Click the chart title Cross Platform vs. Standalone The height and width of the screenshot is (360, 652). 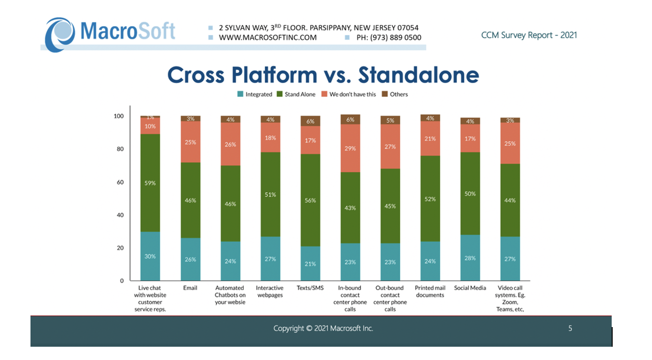pyautogui.click(x=323, y=75)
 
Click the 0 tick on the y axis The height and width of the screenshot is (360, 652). pyautogui.click(x=121, y=281)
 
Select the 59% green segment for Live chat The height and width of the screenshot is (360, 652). pyautogui.click(x=150, y=183)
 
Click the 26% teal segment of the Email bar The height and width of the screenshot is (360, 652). pyautogui.click(x=190, y=259)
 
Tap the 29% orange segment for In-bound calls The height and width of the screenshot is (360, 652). pyautogui.click(x=350, y=149)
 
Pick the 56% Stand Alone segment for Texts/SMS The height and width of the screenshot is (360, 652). pyautogui.click(x=310, y=200)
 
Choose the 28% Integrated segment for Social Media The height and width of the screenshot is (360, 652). pyautogui.click(x=470, y=258)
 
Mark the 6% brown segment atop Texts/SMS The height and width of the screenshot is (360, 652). pyautogui.click(x=310, y=121)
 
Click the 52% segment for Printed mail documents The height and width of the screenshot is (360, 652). pyautogui.click(x=430, y=199)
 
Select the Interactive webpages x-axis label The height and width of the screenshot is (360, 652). pyautogui.click(x=270, y=292)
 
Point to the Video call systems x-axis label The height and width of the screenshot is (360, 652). pyautogui.click(x=510, y=299)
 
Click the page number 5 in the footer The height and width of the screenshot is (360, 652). pyautogui.click(x=570, y=329)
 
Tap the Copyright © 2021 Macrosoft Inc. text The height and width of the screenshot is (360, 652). pyautogui.click(x=323, y=329)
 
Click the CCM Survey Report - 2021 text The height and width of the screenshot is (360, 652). pyautogui.click(x=529, y=35)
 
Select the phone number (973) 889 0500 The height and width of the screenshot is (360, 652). pyautogui.click(x=389, y=37)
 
